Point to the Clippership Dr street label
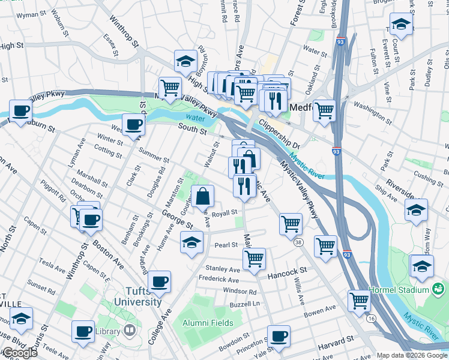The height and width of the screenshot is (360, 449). coord(279,133)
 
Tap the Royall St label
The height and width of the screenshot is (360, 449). coord(225,212)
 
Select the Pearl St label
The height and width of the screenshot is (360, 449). coord(226,245)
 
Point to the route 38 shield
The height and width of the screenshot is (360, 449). coord(298,242)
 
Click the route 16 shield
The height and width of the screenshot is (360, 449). coord(373,318)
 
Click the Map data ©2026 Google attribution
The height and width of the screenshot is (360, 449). coord(412,355)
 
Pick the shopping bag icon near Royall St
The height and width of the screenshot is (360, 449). coord(203,196)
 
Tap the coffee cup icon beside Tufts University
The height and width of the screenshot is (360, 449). coord(159,281)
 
